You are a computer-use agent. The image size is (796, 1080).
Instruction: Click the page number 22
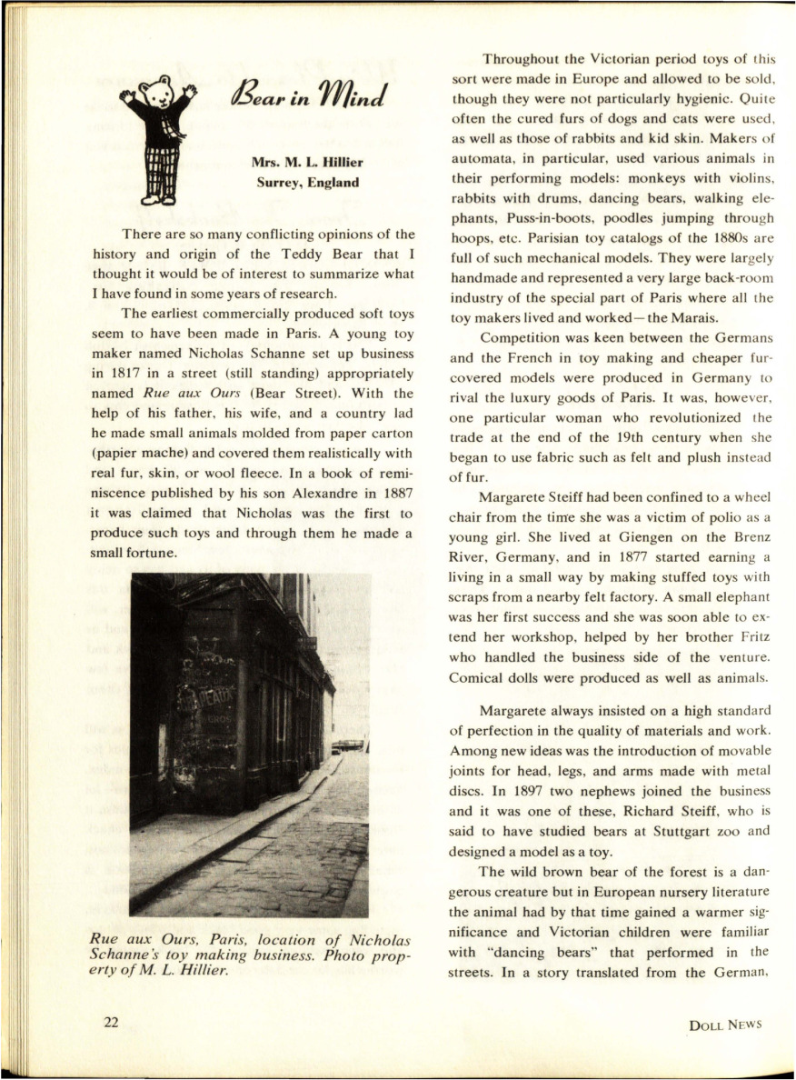tap(111, 1023)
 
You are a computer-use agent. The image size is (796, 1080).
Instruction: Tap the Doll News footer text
tap(724, 1024)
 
